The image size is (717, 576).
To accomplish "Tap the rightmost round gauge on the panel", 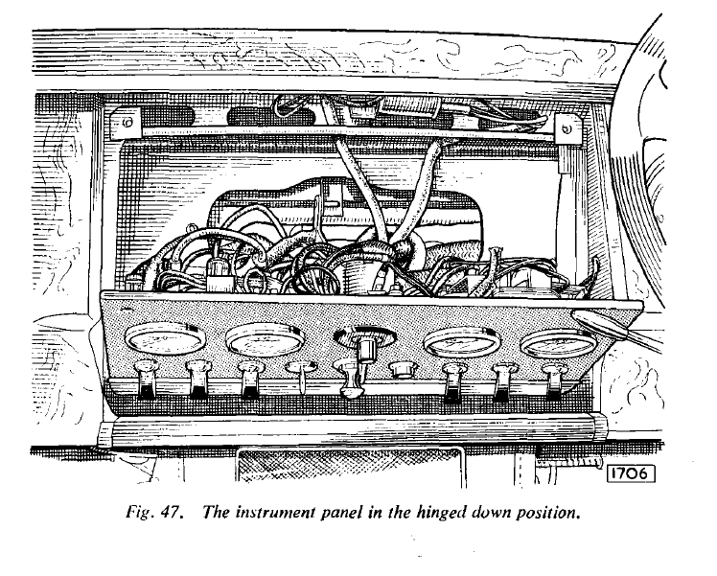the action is [558, 344].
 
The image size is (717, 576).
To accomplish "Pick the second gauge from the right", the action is [462, 343].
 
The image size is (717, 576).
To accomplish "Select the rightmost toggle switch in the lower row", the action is [552, 380].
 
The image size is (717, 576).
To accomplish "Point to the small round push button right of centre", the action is [402, 368].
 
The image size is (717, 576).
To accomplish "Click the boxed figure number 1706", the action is [631, 473].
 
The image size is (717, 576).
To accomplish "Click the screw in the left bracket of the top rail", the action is [128, 122].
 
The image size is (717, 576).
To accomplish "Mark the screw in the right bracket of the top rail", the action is [567, 128].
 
